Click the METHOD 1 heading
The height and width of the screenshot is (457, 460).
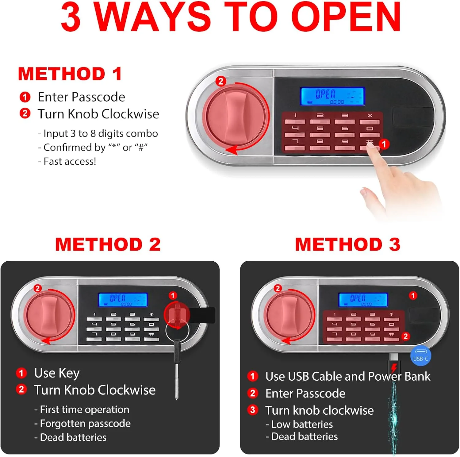[x=70, y=74]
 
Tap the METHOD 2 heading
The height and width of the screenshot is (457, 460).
[x=108, y=244]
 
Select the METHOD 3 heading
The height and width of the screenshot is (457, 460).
[x=348, y=244]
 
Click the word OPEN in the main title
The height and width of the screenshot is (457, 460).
[x=346, y=17]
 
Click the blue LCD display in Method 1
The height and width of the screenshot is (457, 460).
[x=332, y=96]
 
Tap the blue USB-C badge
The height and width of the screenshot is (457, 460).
[x=421, y=356]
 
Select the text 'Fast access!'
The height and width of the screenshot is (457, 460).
[x=70, y=161]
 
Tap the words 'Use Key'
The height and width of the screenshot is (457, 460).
[x=57, y=373]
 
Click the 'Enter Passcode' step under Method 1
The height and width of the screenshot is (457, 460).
[x=82, y=97]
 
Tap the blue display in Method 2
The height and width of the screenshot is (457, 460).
[x=123, y=300]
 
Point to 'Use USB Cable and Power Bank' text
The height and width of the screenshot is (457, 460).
[x=348, y=377]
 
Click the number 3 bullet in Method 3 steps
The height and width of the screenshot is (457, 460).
[x=253, y=410]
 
